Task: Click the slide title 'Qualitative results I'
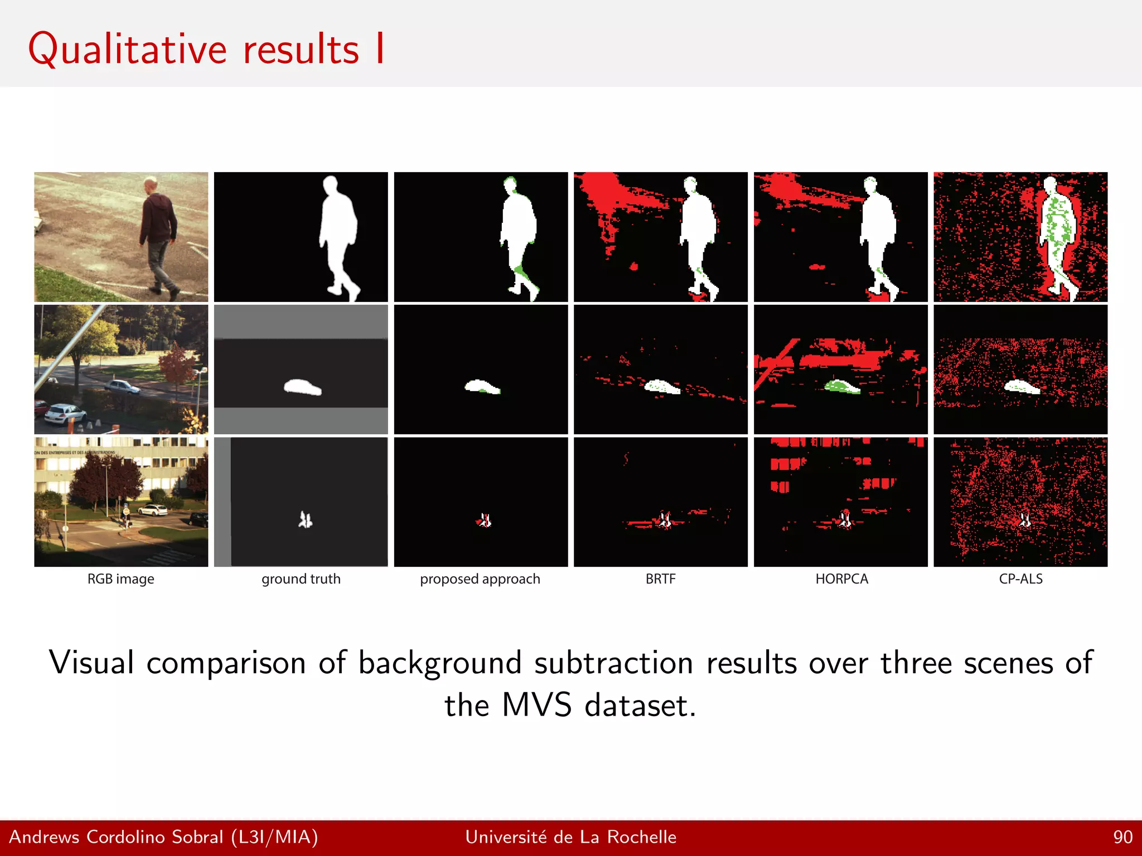206,49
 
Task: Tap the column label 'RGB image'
120,579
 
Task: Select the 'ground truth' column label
301,579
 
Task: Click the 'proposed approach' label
480,579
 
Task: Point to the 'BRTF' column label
660,579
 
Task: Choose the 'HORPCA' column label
841,579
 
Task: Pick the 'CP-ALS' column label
1020,579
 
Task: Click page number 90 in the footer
1122,837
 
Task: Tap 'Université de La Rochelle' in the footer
570,837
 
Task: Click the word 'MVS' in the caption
536,705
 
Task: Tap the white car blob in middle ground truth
302,387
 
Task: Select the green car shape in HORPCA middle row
842,386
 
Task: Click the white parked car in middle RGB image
65,413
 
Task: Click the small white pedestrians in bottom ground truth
305,520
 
